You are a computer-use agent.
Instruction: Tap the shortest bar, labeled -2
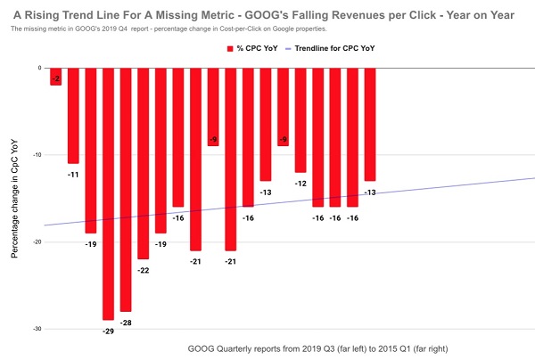55,76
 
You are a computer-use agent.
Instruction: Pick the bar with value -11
73,115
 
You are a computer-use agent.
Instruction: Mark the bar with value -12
300,119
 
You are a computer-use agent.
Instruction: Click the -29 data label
108,331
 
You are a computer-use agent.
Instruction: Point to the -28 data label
126,322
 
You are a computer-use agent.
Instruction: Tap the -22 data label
143,270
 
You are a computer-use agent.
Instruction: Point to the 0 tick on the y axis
38,68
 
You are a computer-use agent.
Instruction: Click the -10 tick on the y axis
36,154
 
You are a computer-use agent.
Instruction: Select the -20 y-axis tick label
36,241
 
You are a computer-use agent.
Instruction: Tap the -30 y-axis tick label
36,329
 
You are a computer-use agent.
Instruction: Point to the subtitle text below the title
160,29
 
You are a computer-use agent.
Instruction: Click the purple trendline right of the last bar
455,187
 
